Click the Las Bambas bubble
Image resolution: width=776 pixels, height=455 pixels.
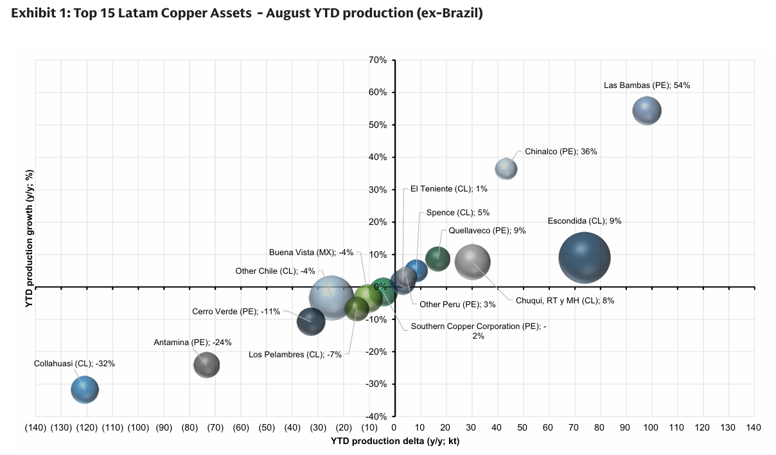(647, 111)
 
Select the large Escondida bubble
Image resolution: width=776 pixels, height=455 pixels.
(584, 258)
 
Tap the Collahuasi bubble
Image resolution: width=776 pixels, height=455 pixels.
(84, 389)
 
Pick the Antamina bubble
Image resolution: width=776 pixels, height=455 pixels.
(206, 365)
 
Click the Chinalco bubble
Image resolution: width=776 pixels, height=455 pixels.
(506, 168)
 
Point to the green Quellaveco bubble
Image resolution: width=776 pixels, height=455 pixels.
(437, 259)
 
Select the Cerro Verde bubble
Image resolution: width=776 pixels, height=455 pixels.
(311, 321)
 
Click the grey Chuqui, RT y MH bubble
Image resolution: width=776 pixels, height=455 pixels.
(473, 262)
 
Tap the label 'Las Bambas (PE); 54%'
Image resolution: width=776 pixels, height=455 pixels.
(646, 85)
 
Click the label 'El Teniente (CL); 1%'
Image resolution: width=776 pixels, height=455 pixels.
(449, 189)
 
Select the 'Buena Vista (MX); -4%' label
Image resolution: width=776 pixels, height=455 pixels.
(311, 252)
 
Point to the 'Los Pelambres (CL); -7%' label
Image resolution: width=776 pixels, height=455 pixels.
(295, 354)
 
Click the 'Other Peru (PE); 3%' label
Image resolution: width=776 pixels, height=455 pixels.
(449, 304)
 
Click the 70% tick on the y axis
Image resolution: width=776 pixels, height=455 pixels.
(377, 60)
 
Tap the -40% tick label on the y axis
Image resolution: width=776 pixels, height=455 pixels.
(376, 416)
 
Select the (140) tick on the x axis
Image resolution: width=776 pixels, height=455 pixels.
(35, 427)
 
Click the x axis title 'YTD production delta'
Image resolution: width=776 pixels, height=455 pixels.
(395, 441)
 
